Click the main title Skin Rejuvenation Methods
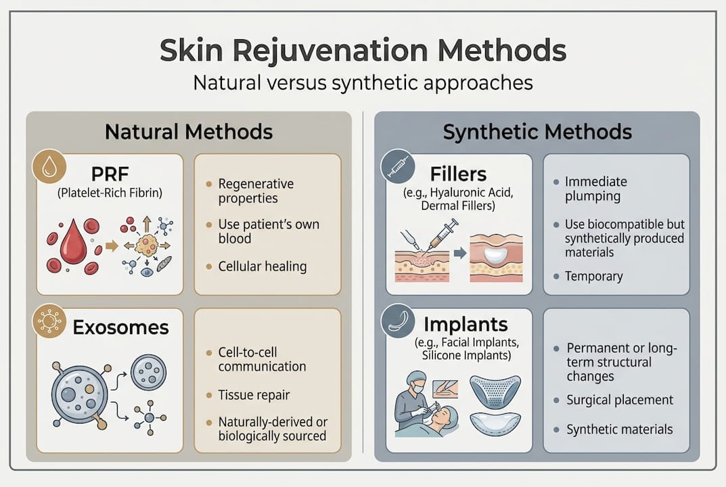coord(363,51)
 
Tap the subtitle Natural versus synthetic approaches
coord(363,83)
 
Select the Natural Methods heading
coord(189,131)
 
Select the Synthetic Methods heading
coord(537,131)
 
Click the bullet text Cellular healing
coord(262,266)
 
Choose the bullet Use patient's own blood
coord(268,231)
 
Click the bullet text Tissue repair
coord(254,395)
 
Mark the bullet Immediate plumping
coord(595,189)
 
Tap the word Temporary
coord(594,276)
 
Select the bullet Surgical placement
coord(619,400)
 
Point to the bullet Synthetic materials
coord(619,430)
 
